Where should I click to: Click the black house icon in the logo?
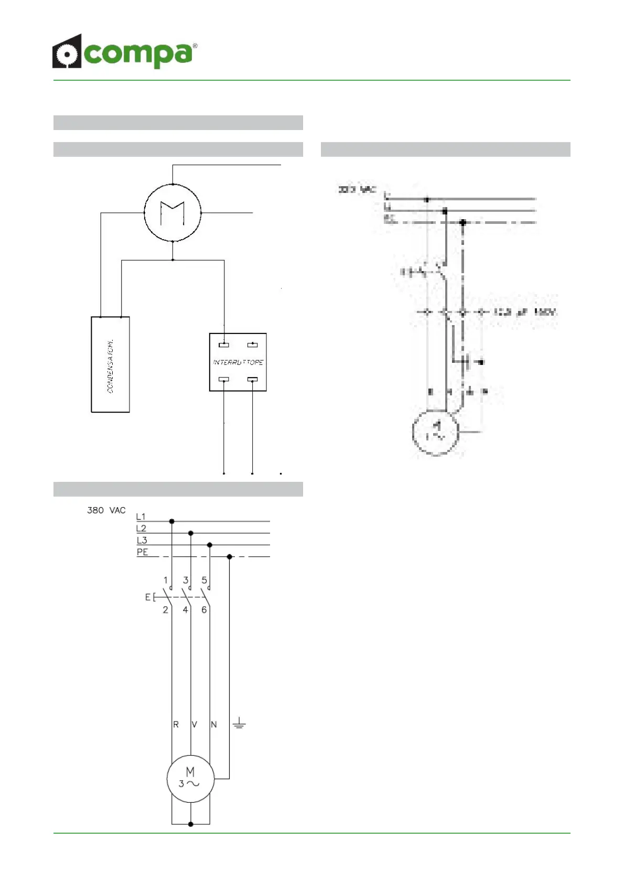pyautogui.click(x=67, y=52)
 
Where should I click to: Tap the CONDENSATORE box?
pyautogui.click(x=110, y=364)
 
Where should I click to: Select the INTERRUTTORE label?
pyautogui.click(x=238, y=362)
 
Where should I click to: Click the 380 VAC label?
pyautogui.click(x=106, y=510)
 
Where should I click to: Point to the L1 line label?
pyautogui.click(x=141, y=517)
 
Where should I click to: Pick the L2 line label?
pyautogui.click(x=141, y=529)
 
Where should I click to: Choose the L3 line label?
pyautogui.click(x=142, y=540)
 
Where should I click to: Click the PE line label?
pyautogui.click(x=142, y=552)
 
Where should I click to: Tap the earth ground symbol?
pyautogui.click(x=239, y=724)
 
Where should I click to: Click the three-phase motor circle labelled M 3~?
pyautogui.click(x=190, y=778)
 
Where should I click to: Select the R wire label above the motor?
pyautogui.click(x=176, y=724)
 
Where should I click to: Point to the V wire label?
pyautogui.click(x=195, y=724)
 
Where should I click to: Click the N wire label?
pyautogui.click(x=213, y=724)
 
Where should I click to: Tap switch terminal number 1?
pyautogui.click(x=166, y=580)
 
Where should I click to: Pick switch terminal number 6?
pyautogui.click(x=204, y=610)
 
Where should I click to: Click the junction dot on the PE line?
pyautogui.click(x=229, y=556)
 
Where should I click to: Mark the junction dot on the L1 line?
pyautogui.click(x=171, y=521)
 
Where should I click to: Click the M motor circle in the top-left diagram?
pyautogui.click(x=173, y=213)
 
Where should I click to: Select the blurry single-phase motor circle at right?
pyautogui.click(x=436, y=432)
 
